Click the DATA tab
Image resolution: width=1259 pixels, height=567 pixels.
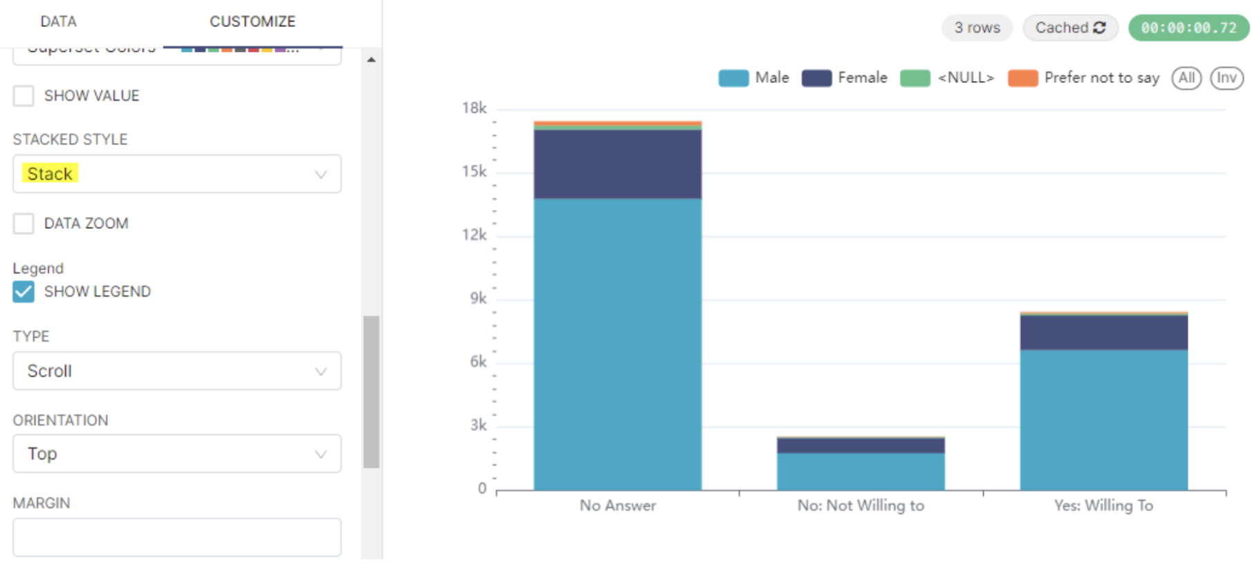click(58, 21)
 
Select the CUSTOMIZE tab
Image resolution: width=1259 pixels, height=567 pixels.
click(252, 21)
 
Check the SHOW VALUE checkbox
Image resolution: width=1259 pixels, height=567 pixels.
click(24, 95)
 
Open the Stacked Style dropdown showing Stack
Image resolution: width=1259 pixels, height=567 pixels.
click(176, 174)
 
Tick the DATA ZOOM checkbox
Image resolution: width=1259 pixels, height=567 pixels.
click(24, 223)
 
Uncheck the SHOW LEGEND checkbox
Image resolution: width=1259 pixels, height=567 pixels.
click(24, 292)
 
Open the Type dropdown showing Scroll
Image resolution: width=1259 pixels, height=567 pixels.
click(176, 371)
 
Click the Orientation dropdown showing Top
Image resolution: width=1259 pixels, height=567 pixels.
click(176, 454)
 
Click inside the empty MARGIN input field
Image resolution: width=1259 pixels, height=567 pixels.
click(176, 537)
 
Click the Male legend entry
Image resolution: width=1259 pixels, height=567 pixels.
click(754, 77)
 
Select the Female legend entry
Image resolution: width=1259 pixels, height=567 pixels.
click(845, 77)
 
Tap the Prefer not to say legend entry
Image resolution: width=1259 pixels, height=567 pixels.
click(1084, 77)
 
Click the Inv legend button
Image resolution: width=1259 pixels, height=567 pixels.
click(1226, 77)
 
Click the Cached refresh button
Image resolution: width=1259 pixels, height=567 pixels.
click(1070, 28)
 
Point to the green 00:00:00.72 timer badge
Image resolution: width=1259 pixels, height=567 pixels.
click(1188, 28)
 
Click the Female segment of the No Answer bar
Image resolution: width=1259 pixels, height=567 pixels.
click(617, 165)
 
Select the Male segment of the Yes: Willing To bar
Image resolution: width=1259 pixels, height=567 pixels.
click(1103, 420)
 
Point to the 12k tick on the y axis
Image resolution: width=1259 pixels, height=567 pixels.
click(475, 235)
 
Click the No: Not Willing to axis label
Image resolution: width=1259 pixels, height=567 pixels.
click(861, 505)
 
